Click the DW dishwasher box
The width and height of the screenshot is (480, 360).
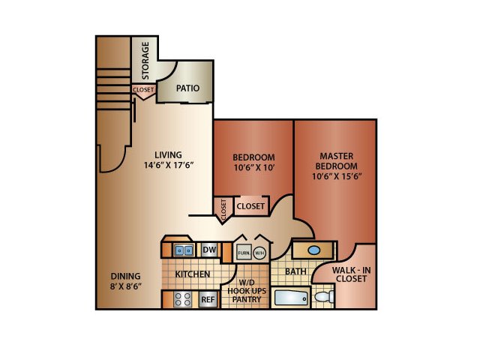pyautogui.click(x=209, y=250)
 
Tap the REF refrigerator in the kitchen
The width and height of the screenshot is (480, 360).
pyautogui.click(x=208, y=299)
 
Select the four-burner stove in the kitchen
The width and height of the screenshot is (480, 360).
pyautogui.click(x=183, y=299)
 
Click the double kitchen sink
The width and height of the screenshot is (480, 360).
pyautogui.click(x=184, y=250)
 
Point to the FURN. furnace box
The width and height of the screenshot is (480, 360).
pyautogui.click(x=244, y=253)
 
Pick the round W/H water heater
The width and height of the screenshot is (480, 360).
pyautogui.click(x=259, y=253)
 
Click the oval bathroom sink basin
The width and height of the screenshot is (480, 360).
pyautogui.click(x=314, y=250)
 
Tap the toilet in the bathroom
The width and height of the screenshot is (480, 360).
pyautogui.click(x=324, y=297)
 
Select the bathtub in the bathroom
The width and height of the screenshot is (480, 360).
pyautogui.click(x=291, y=298)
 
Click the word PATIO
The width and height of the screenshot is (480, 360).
pyautogui.click(x=187, y=88)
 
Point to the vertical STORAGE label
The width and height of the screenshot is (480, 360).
pyautogui.click(x=145, y=61)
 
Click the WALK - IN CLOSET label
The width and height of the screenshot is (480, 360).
pyautogui.click(x=352, y=274)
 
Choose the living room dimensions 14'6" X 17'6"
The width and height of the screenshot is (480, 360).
pyautogui.click(x=169, y=165)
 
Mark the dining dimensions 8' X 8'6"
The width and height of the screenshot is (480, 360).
pyautogui.click(x=125, y=286)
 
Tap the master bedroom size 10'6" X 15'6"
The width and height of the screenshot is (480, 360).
pyautogui.click(x=337, y=176)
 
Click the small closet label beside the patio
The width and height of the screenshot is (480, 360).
pyautogui.click(x=143, y=90)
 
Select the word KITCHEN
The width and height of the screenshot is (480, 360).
pyautogui.click(x=193, y=274)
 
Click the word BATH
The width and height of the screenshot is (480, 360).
pyautogui.click(x=295, y=271)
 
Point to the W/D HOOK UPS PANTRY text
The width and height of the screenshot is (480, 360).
pyautogui.click(x=247, y=291)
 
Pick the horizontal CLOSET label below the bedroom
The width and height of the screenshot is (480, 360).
pyautogui.click(x=250, y=206)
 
